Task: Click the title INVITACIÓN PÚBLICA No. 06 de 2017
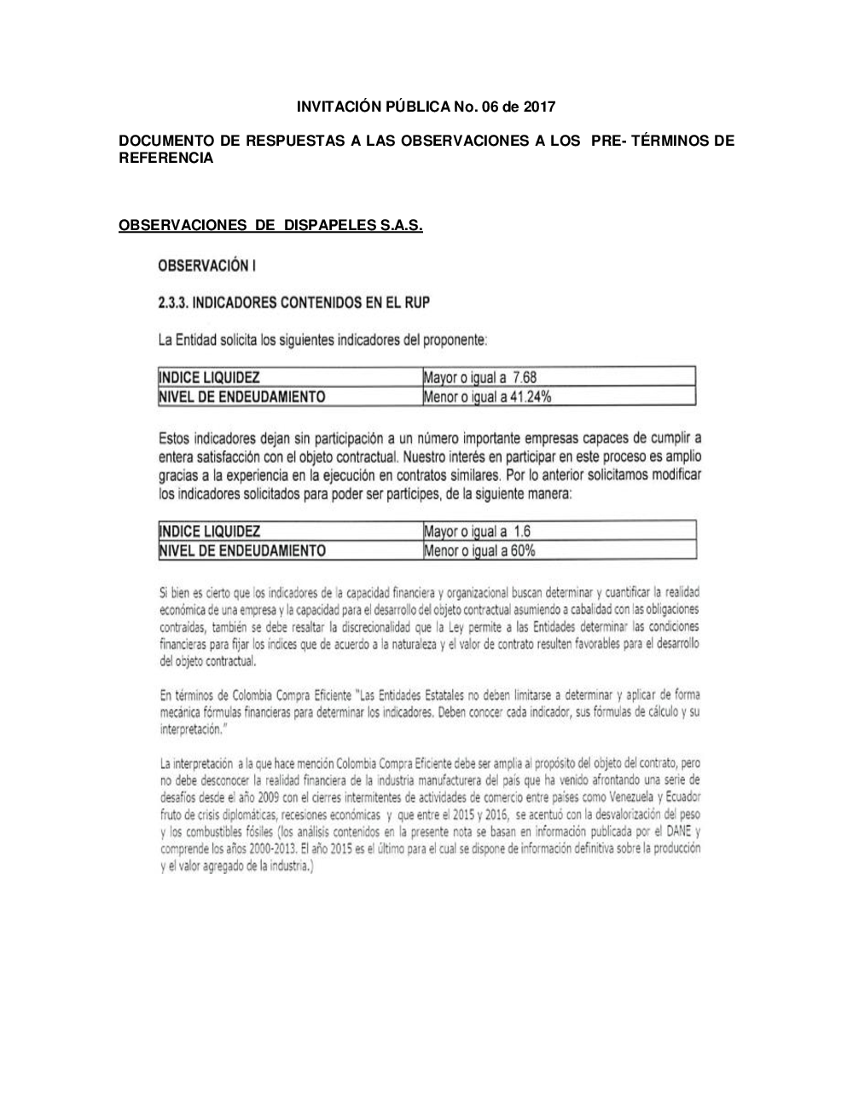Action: tap(426, 107)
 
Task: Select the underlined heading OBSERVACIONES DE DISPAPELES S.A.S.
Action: tap(270, 226)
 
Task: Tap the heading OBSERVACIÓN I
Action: tap(207, 266)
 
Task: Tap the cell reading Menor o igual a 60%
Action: tap(479, 550)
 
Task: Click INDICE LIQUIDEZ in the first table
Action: tap(210, 377)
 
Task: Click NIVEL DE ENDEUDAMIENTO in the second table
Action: tap(242, 550)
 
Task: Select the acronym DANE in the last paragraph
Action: tap(679, 831)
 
